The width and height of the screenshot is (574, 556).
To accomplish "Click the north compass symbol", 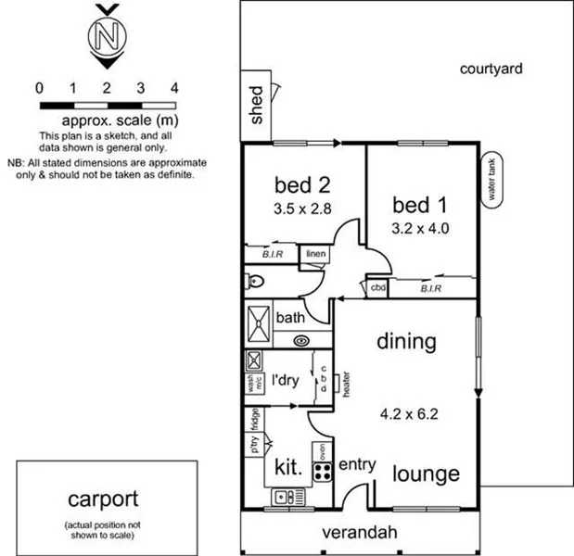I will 108,36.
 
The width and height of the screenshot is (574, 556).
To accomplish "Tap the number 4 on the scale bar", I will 174,88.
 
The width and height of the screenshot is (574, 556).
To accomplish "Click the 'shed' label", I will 257,105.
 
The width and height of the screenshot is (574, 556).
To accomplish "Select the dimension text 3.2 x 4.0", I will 420,226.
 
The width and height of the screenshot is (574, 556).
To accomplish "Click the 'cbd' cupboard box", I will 377,287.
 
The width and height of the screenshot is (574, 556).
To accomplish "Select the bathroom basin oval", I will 302,341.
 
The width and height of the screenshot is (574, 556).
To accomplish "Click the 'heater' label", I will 344,384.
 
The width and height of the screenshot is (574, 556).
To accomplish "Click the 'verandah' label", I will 360,533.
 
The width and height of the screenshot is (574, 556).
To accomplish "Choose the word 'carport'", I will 103,500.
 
